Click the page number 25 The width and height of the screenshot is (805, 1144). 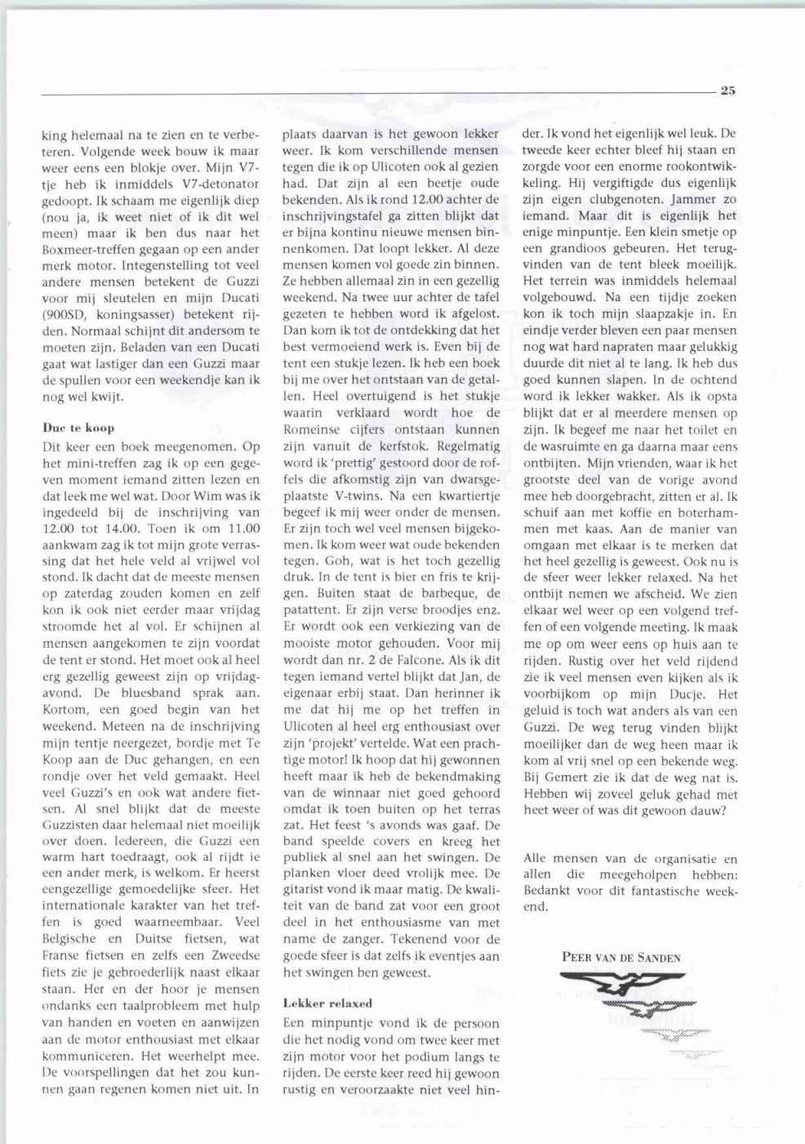(727, 91)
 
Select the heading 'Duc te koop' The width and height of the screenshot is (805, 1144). (78, 427)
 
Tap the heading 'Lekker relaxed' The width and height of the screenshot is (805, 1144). (327, 1003)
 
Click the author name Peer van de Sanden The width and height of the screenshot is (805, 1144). (620, 957)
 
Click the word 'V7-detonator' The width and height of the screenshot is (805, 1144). (222, 184)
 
